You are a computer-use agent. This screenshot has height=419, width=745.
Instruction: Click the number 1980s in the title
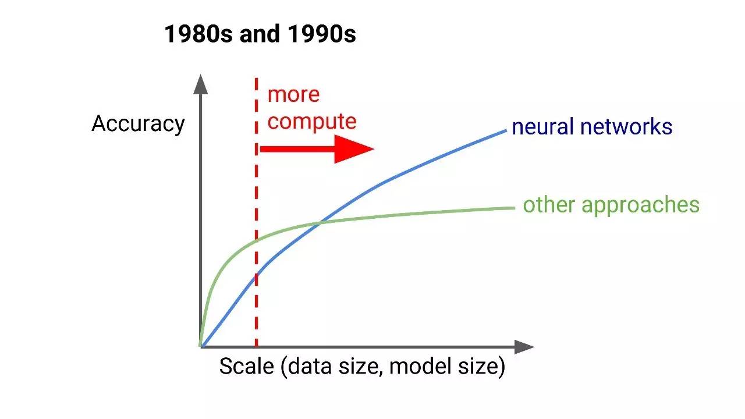pyautogui.click(x=198, y=34)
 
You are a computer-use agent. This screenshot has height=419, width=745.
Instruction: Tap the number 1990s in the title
pyautogui.click(x=322, y=34)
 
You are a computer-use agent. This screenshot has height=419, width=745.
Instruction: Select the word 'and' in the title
pyautogui.click(x=260, y=34)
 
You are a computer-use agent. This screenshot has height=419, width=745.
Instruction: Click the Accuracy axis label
pyautogui.click(x=138, y=125)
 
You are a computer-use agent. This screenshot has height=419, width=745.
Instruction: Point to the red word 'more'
pyautogui.click(x=293, y=95)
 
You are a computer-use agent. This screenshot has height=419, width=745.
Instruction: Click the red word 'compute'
pyautogui.click(x=312, y=122)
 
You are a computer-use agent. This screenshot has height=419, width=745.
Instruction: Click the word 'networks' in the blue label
pyautogui.click(x=626, y=127)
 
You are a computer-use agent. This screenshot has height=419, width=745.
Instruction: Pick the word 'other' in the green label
pyautogui.click(x=549, y=204)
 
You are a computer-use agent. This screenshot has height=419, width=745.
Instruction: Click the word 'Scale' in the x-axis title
pyautogui.click(x=246, y=367)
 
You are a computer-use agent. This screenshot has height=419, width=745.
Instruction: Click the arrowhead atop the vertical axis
pyautogui.click(x=201, y=84)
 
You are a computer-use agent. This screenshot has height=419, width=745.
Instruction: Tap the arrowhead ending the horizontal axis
pyautogui.click(x=524, y=347)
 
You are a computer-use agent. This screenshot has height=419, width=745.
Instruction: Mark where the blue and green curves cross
pyautogui.click(x=320, y=223)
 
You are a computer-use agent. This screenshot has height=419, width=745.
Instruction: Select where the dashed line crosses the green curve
pyautogui.click(x=256, y=240)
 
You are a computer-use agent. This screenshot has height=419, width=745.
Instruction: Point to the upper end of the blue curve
pyautogui.click(x=506, y=131)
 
